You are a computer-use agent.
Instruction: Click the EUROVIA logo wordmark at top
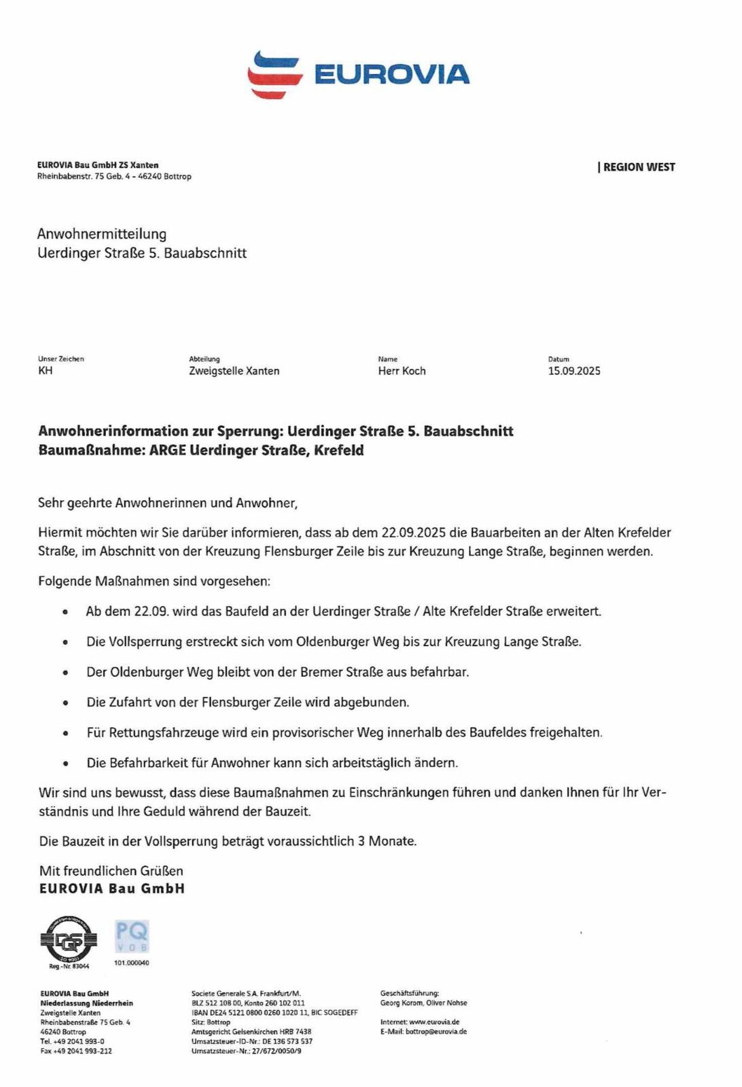click(x=391, y=74)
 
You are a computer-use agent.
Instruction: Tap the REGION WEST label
click(x=638, y=167)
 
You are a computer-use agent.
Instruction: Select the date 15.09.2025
click(x=574, y=371)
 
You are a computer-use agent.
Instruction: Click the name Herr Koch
click(x=402, y=371)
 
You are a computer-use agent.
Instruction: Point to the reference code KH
click(x=46, y=370)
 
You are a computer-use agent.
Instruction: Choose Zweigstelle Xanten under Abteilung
click(x=234, y=371)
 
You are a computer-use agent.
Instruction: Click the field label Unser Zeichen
click(x=61, y=359)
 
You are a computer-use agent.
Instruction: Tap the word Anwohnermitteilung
click(x=102, y=234)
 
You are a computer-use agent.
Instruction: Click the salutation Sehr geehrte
click(x=75, y=503)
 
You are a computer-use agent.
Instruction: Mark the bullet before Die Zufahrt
click(x=65, y=703)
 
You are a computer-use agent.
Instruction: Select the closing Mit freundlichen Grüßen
click(x=111, y=871)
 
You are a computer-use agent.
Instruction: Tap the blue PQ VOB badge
click(x=132, y=936)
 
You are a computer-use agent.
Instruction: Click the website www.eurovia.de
click(x=434, y=1022)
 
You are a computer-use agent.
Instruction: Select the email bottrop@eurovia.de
click(x=436, y=1031)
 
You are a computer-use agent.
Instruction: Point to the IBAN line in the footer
click(x=275, y=1012)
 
